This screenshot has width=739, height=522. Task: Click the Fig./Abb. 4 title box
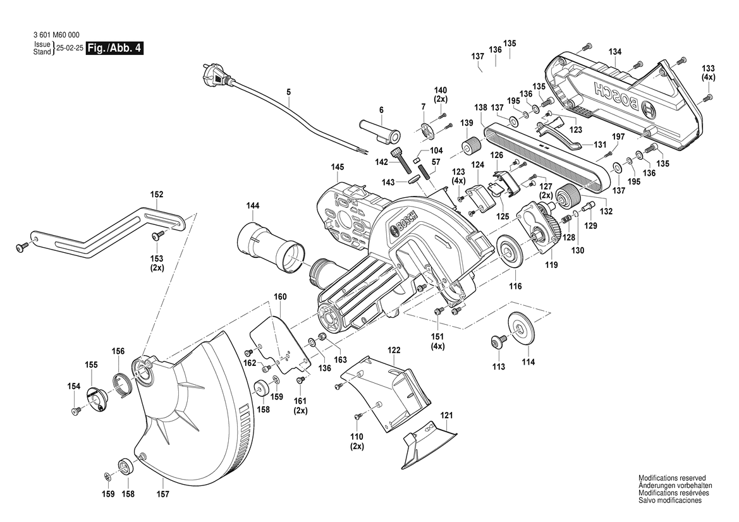[x=113, y=49]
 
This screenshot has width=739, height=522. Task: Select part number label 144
[x=253, y=205]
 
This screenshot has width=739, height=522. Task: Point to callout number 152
[x=156, y=195]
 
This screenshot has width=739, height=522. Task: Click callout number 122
[x=394, y=349]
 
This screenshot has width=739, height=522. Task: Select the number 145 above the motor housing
[x=337, y=167]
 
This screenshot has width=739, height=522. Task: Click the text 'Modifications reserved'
[x=672, y=478]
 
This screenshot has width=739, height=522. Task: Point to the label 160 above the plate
[x=280, y=296]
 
